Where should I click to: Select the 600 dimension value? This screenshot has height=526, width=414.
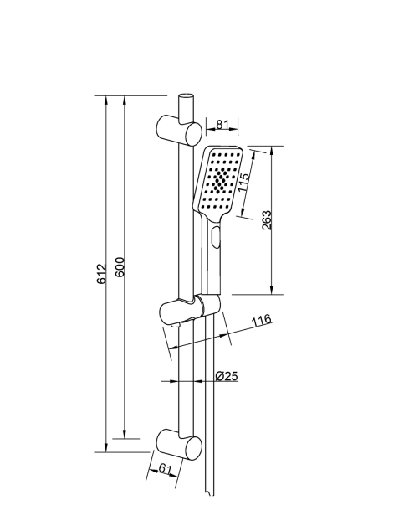click(120, 267)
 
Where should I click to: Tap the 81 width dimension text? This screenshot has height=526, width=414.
click(222, 124)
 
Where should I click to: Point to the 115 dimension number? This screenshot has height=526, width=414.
click(244, 182)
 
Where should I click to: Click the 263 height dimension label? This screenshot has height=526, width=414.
click(267, 220)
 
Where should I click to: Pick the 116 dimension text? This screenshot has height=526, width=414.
click(262, 320)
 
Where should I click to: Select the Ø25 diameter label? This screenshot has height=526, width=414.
click(227, 376)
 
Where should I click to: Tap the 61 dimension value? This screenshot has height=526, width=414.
click(165, 468)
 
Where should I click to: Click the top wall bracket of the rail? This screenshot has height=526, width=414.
click(179, 131)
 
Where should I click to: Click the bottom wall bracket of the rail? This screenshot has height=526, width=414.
click(179, 445)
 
